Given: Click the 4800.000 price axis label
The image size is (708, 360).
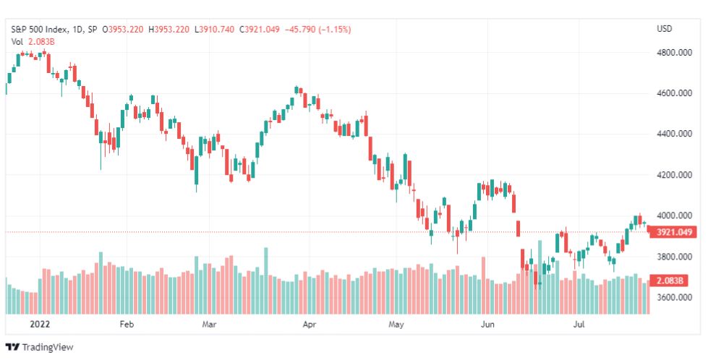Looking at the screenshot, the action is pos(674,52).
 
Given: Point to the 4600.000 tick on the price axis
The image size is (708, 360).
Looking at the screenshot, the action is pos(674,93).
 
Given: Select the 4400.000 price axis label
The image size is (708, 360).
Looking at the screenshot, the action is pos(674,134).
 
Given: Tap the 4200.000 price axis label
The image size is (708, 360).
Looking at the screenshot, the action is pos(674,175).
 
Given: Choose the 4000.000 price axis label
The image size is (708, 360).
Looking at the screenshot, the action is pos(674,215).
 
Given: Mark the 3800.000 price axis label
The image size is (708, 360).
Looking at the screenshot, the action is pos(674,257).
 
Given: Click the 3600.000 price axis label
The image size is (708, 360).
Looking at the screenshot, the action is pos(674,297).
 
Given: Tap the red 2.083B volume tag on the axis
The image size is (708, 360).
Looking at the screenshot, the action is pos(669,280).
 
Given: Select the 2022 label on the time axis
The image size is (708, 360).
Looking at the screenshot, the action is pos(40,325).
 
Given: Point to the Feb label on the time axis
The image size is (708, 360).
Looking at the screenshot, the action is pos(127,325).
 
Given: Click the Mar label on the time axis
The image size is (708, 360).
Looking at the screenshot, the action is pos(209,325).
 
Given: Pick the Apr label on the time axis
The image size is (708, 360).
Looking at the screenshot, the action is pos(310,325).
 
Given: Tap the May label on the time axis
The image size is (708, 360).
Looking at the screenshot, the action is pos(396,325).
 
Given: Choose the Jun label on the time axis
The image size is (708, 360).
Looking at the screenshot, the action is pos(487,325).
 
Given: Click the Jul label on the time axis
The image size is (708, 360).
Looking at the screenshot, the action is pos(579,325).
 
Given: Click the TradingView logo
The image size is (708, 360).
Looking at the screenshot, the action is pos(39,348).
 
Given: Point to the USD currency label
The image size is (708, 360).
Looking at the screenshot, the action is pos(664,29).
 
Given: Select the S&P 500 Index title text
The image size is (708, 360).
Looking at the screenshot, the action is pos(40,30).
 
